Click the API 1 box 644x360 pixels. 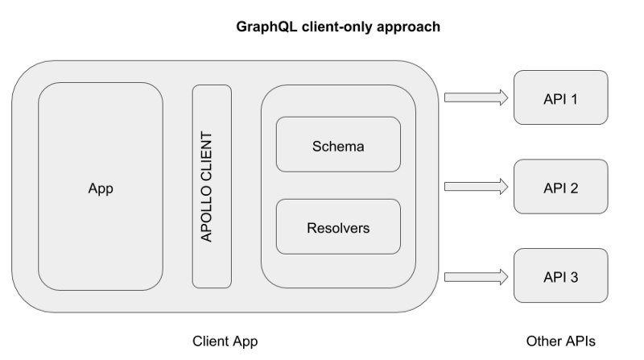coord(560,97)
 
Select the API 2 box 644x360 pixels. coord(560,187)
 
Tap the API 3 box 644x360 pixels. coord(560,275)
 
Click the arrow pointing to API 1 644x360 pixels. coord(476,97)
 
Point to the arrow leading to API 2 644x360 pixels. coord(476,187)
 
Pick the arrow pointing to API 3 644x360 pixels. coord(476,276)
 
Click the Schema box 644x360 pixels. coord(338,144)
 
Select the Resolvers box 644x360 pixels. coord(338,226)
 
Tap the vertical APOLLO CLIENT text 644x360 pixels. coord(206,187)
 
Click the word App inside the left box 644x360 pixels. coord(101,188)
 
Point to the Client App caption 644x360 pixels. coord(225,341)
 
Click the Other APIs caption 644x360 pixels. coord(560,341)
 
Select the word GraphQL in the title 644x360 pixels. coord(266,27)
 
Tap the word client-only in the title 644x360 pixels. coord(336,27)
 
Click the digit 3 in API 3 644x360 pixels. coord(573,277)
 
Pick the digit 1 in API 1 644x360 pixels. coord(574,99)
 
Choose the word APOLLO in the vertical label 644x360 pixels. coord(206,213)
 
